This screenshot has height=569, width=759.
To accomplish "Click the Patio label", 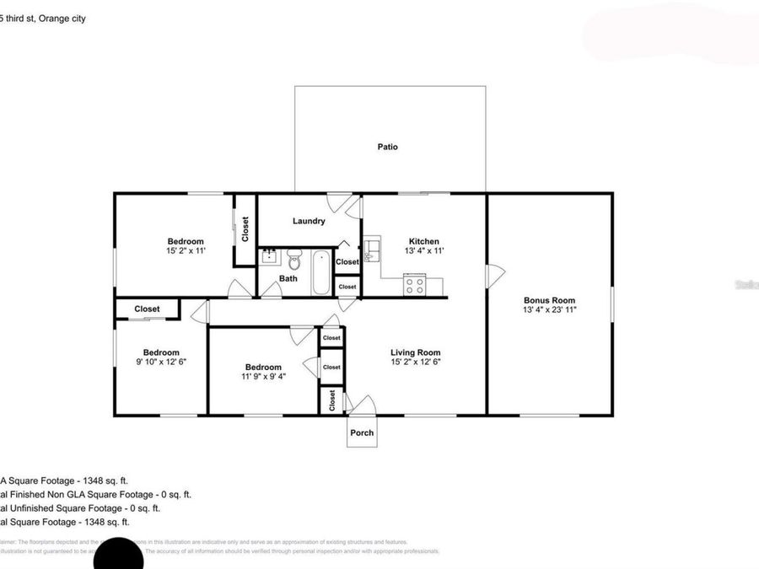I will (x=387, y=147).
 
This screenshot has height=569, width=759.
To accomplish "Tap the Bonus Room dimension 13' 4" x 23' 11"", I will (x=550, y=310).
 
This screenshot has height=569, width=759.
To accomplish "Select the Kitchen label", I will (x=423, y=241).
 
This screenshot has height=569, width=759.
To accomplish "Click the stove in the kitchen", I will (x=414, y=285).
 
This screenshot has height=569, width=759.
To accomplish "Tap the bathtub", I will (x=321, y=272).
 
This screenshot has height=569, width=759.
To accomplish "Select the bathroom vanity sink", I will (x=269, y=256).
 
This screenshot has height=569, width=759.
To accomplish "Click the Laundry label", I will (x=309, y=222).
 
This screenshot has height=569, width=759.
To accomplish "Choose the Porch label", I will (x=362, y=433).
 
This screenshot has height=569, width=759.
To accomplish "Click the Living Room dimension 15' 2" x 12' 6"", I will (x=415, y=362).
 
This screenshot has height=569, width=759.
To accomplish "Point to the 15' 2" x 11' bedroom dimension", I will (x=186, y=250).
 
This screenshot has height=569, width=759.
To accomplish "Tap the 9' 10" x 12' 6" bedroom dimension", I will (x=160, y=362).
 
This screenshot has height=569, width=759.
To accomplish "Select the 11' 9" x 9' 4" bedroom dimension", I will (x=263, y=376).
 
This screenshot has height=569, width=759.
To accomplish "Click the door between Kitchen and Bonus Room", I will (x=495, y=275).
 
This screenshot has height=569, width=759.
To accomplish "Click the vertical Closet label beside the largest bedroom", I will (x=245, y=229).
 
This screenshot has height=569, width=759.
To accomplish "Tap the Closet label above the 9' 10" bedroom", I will (x=148, y=309).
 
